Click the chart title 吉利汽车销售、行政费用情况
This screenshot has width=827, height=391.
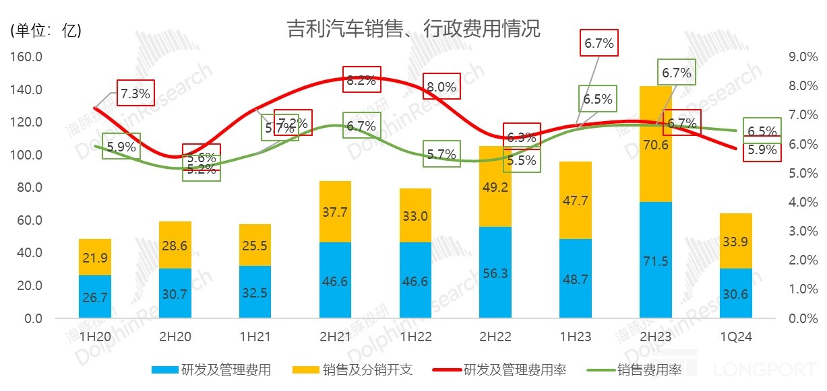(x=413, y=29)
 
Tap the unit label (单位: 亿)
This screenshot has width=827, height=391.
(x=46, y=31)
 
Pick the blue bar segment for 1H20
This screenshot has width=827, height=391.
(x=95, y=296)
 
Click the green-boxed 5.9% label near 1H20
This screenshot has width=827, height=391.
(x=121, y=146)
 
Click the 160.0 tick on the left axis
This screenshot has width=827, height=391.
(x=26, y=57)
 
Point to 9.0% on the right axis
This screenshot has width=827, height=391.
(x=802, y=57)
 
